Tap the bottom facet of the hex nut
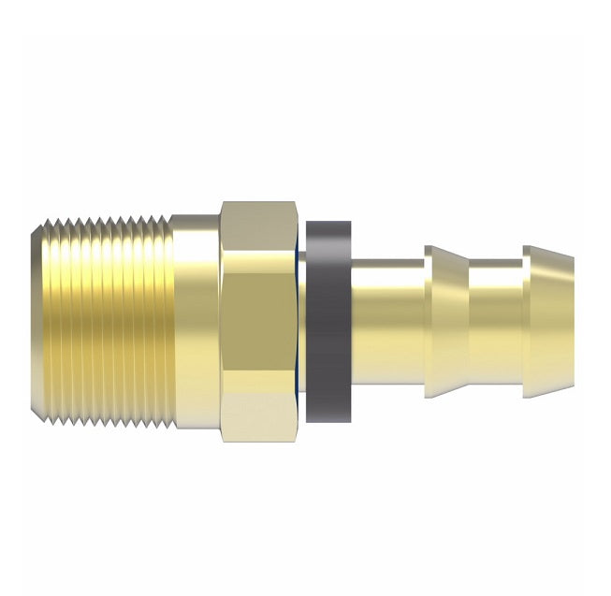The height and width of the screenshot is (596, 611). tap(258, 417)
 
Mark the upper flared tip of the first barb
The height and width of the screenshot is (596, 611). tap(430, 251)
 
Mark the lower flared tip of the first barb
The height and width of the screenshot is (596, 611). tap(430, 392)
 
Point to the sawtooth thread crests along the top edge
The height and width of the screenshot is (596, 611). tap(108, 223)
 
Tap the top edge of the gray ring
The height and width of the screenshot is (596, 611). tap(329, 224)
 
